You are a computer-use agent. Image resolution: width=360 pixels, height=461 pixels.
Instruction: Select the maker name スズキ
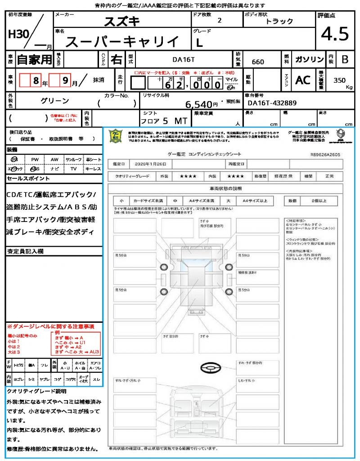[x=122, y=21]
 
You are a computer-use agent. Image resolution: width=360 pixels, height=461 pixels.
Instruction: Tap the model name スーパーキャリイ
[x=122, y=42]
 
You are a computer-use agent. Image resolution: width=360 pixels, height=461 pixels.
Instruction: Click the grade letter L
[x=199, y=43]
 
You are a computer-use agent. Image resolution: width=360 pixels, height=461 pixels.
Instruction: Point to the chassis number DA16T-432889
[x=272, y=103]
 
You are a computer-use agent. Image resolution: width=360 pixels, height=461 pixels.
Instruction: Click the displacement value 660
[x=258, y=62]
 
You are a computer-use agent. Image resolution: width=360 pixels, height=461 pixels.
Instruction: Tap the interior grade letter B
[x=345, y=59]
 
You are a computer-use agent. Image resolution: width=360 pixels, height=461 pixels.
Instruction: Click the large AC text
[x=303, y=80]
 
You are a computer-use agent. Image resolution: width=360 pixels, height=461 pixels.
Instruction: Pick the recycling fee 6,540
[x=202, y=104]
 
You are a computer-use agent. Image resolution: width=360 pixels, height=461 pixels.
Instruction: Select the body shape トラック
[x=279, y=21]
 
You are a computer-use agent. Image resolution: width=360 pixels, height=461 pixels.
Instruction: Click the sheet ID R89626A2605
[x=325, y=154]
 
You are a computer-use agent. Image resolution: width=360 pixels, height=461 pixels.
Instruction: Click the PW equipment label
[x=35, y=159]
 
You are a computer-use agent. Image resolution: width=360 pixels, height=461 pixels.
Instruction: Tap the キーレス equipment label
[x=93, y=169]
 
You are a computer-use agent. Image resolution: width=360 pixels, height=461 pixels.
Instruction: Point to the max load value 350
[x=340, y=80]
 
